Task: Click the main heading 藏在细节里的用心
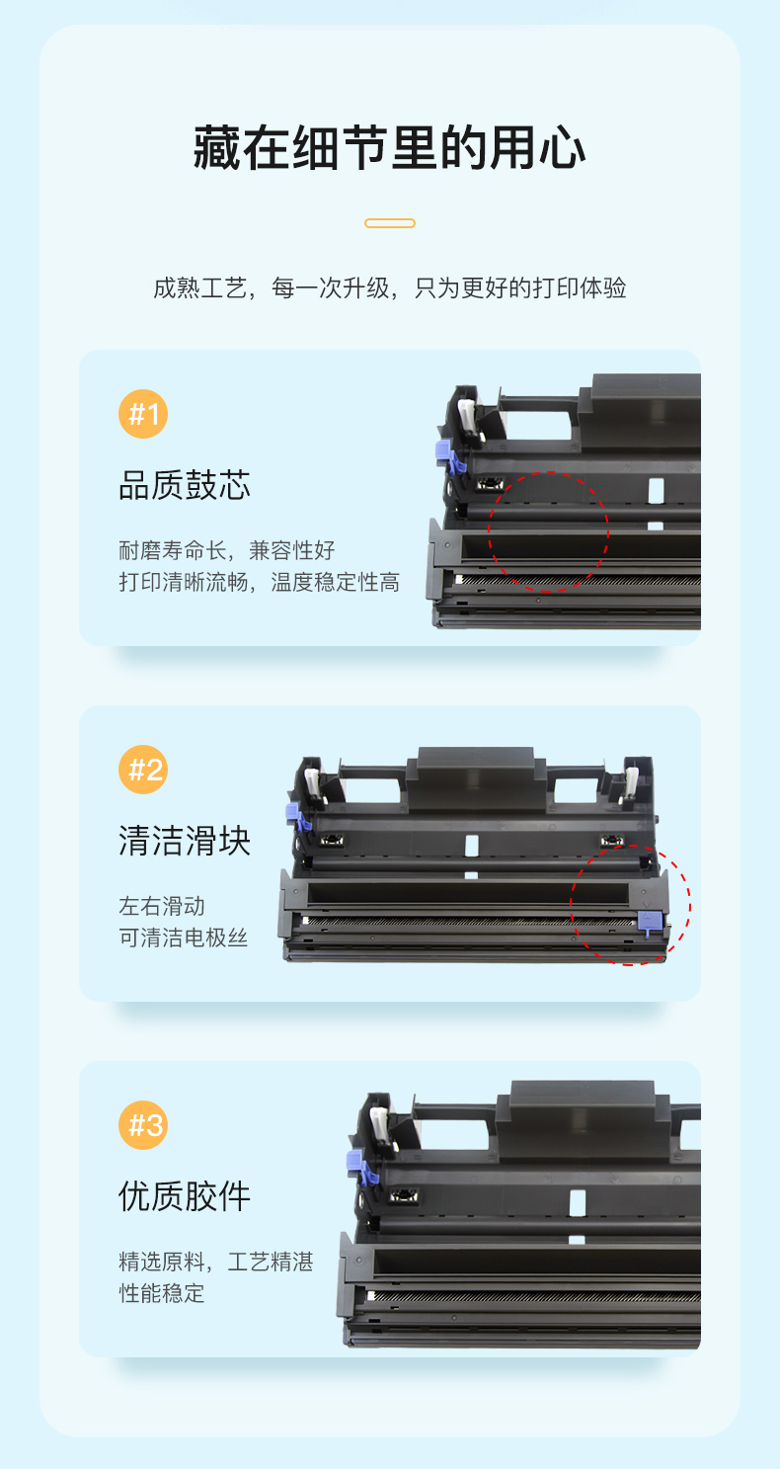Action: point(389,148)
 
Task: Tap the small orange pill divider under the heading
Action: point(390,223)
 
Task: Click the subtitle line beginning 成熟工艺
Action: point(390,287)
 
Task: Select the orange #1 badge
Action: point(143,414)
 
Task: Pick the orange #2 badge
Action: point(143,770)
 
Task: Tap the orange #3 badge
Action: point(143,1124)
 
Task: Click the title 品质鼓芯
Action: point(185,485)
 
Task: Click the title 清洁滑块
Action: point(185,841)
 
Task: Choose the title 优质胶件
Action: point(185,1196)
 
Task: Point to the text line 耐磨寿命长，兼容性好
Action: point(227,550)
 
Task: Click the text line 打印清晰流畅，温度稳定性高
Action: point(260,582)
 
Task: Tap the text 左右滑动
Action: point(162,906)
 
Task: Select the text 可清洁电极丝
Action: point(184,938)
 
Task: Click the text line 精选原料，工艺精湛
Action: point(216,1262)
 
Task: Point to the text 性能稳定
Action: point(162,1293)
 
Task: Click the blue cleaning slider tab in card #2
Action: point(648,922)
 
